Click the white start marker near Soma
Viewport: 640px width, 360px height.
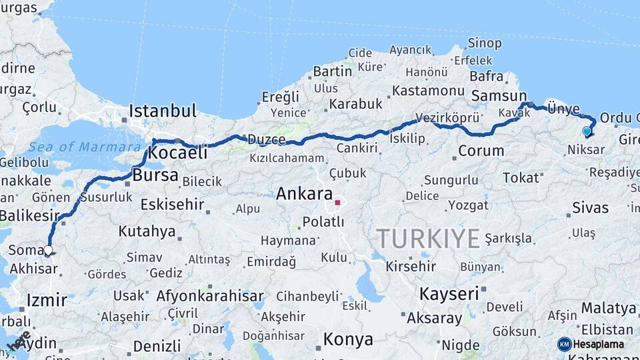[48, 251]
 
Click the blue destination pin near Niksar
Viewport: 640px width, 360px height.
[587, 131]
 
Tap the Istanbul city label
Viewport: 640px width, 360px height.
[163, 111]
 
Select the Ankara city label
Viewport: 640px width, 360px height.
[304, 194]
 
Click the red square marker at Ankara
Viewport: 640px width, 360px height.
[338, 202]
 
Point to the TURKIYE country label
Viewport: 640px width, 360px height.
[428, 238]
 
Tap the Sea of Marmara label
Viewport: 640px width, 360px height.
[75, 146]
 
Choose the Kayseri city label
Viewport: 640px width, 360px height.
[449, 293]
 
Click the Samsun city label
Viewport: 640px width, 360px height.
[499, 96]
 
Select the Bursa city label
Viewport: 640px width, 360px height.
[155, 176]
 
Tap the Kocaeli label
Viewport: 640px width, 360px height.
[177, 153]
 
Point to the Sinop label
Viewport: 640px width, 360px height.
[485, 43]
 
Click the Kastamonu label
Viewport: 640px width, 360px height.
[428, 90]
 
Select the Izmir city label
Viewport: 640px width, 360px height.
[47, 300]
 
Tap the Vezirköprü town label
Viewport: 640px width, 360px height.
[447, 117]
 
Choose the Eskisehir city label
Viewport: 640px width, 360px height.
[172, 204]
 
